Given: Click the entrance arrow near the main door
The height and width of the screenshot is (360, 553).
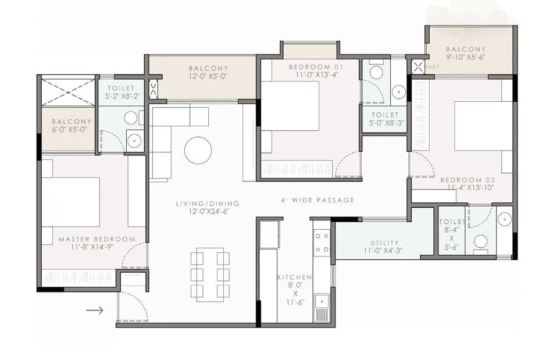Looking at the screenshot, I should coord(95,310).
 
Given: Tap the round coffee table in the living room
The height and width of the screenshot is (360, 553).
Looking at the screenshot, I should coord(198,150).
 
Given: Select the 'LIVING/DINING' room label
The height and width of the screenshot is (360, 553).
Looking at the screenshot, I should coord(208,204).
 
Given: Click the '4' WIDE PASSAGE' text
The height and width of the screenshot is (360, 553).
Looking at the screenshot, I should coord(318,200).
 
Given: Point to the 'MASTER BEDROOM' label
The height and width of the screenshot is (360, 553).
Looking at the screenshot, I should coord(97,239).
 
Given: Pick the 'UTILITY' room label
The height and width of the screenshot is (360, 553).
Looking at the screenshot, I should coord(384,243).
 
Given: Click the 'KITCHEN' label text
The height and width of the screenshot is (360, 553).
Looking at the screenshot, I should coord(294,277).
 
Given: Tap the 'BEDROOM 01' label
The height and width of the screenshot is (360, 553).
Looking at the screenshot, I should coord(316,67).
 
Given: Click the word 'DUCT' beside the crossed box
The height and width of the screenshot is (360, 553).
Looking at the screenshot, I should coord(431,67).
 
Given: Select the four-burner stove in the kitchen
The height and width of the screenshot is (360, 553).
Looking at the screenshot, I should coord(322,243).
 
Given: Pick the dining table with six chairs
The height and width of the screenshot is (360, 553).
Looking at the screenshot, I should coord(209,274).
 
